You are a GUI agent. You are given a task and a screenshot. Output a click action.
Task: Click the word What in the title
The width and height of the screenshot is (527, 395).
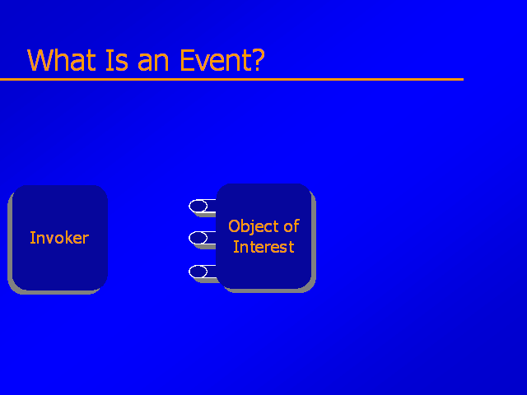coord(62,60)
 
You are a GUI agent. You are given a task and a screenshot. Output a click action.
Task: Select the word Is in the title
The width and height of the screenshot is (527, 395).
coord(117,60)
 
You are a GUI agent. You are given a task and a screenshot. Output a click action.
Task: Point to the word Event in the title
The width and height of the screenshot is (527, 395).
coord(216,60)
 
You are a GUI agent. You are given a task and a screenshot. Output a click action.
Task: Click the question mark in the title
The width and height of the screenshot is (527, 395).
coord(259,60)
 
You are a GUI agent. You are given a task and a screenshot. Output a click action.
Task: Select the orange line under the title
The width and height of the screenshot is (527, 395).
coord(232,79)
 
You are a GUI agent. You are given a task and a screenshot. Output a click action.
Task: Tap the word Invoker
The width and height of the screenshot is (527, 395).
coord(59,238)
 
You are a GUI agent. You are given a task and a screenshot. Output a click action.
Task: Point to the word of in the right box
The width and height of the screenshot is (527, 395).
coord(291,226)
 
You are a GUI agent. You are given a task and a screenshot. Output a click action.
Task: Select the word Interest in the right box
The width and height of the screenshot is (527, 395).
coord(263,247)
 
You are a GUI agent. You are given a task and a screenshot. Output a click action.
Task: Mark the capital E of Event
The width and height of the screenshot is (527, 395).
coord(187,60)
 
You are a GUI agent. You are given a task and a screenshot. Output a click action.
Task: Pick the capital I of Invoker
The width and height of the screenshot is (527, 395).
coord(32,238)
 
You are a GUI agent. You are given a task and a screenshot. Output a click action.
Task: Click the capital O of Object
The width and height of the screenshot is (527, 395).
coord(234,226)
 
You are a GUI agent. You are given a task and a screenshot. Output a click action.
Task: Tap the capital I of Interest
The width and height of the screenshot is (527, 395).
coord(236,247)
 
